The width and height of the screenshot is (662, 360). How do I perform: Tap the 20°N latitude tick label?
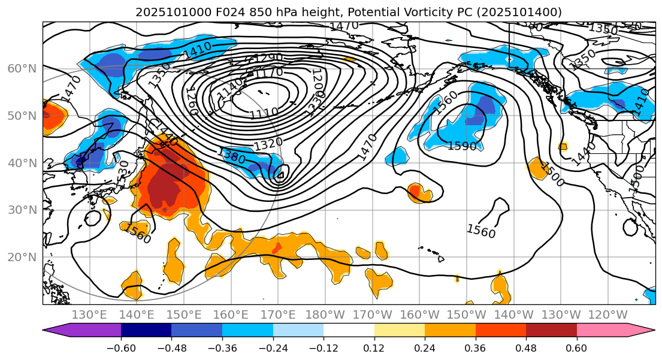coord(22,258)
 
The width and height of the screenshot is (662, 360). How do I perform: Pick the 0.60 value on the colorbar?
coord(576,348)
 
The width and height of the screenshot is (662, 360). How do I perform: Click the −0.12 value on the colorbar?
coord(324,348)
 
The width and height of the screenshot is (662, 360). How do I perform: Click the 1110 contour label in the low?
coord(264,113)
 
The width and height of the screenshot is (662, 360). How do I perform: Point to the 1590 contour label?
coord(462,146)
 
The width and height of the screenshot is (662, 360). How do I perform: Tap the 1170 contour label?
coord(269,72)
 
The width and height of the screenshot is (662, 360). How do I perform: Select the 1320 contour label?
coord(268,144)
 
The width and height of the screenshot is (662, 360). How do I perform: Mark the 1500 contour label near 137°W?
coord(552,174)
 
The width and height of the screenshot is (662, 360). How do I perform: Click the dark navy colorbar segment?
coord(146,330)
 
